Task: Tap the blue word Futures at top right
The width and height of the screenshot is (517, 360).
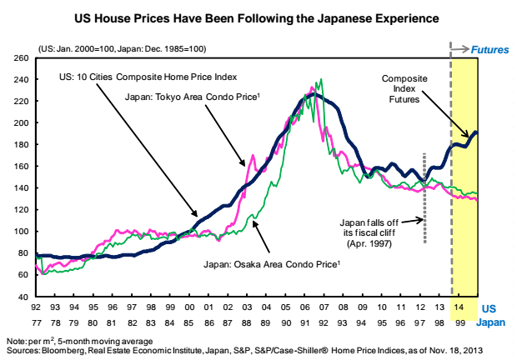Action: tap(489, 50)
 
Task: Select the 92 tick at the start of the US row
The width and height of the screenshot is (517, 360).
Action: tap(37, 308)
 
